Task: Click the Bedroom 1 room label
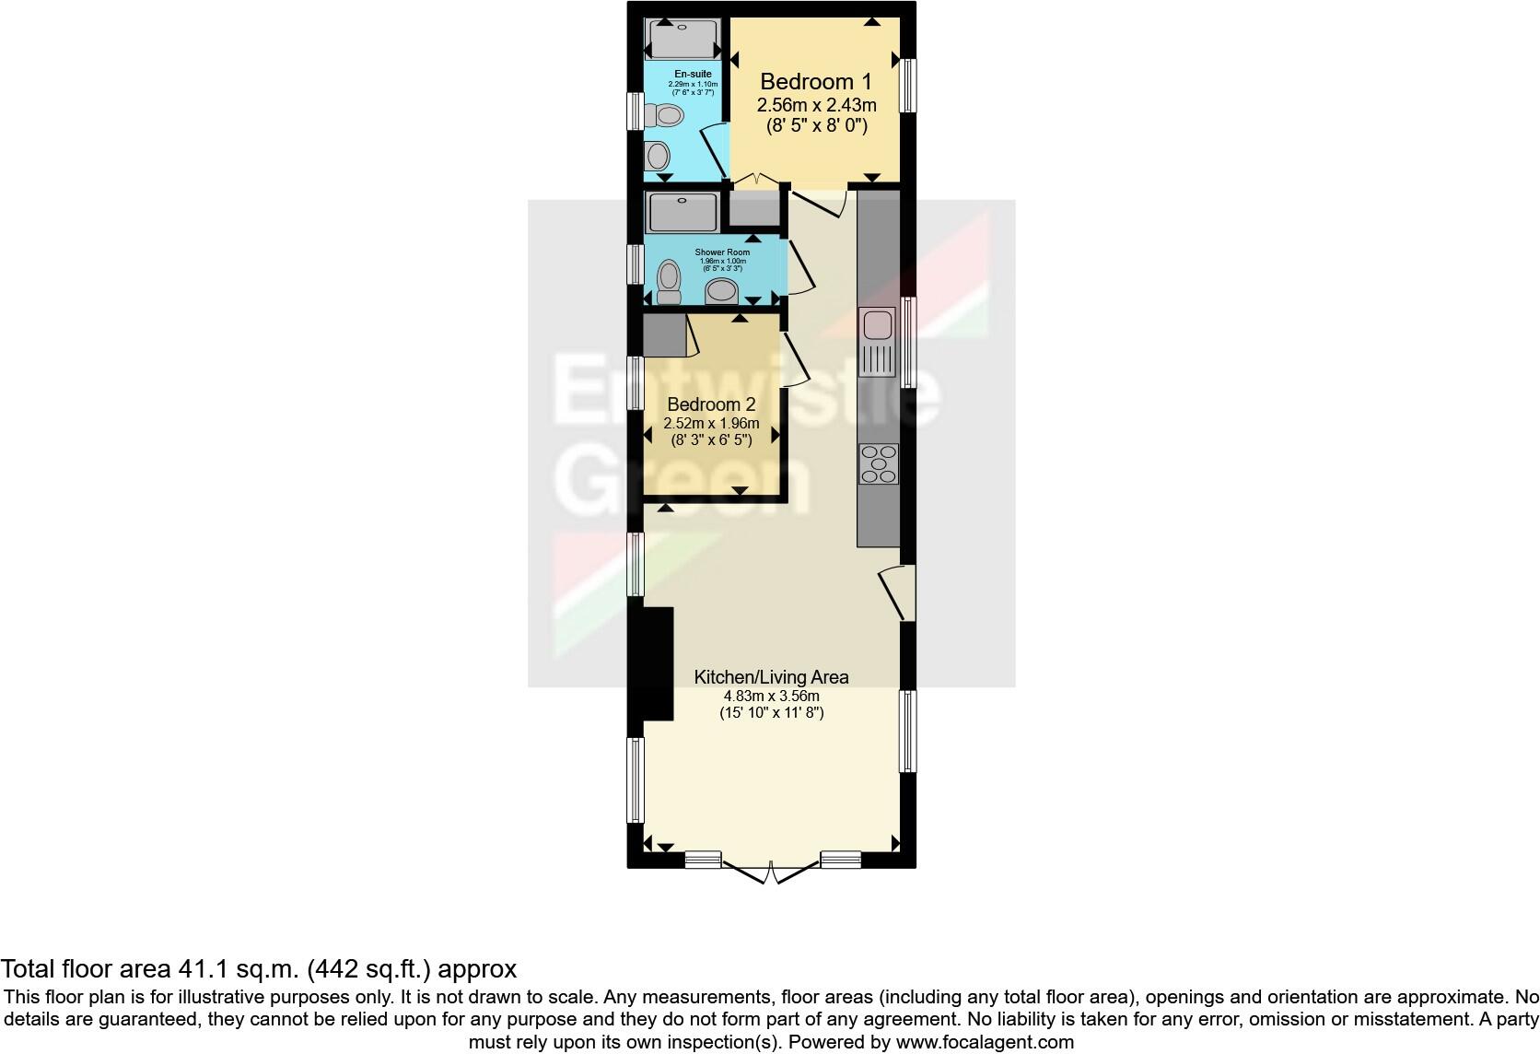pyautogui.click(x=816, y=81)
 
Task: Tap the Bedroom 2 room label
pyautogui.click(x=711, y=404)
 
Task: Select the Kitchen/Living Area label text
pyautogui.click(x=771, y=677)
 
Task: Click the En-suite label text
pyautogui.click(x=693, y=75)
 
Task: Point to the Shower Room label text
pyautogui.click(x=722, y=252)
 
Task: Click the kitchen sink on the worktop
pyautogui.click(x=877, y=325)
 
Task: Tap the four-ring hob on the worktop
pyautogui.click(x=878, y=463)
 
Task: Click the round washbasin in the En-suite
pyautogui.click(x=658, y=154)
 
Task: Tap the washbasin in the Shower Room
pyautogui.click(x=723, y=292)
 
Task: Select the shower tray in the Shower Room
pyautogui.click(x=682, y=213)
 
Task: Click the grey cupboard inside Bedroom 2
pyautogui.click(x=663, y=335)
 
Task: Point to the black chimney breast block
pyautogui.click(x=658, y=663)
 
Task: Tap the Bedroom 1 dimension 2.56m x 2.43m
pyautogui.click(x=816, y=105)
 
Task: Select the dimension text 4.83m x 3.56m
pyautogui.click(x=771, y=696)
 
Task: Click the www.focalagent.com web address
pyautogui.click(x=985, y=1043)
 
